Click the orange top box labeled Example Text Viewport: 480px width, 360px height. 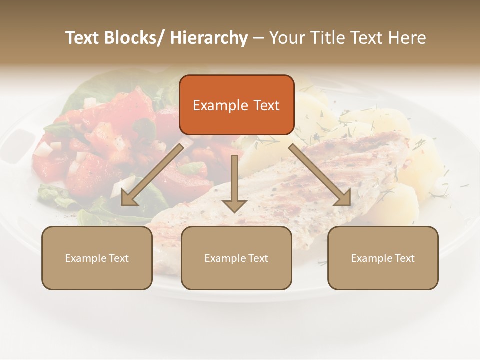(x=236, y=105)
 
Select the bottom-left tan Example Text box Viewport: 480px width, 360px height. (x=97, y=258)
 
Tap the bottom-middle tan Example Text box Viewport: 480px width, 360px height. (x=236, y=258)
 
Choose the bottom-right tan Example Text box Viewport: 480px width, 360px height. (x=383, y=258)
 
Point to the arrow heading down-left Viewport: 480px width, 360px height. (x=152, y=175)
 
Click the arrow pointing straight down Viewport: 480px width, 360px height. (x=234, y=182)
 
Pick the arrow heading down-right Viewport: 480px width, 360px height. (x=320, y=175)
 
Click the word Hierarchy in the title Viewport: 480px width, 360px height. (x=209, y=38)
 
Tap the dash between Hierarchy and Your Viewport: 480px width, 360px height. (x=258, y=38)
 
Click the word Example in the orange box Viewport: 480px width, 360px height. (x=220, y=105)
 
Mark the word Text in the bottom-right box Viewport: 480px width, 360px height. (x=405, y=258)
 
